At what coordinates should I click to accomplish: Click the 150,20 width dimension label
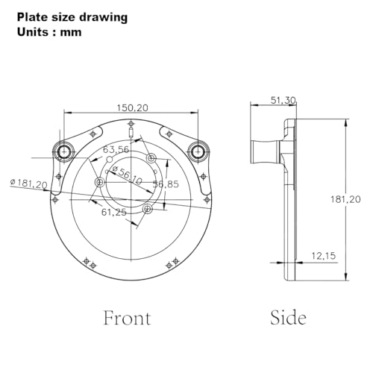tap(133, 108)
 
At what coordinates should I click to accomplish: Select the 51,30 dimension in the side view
tap(283, 101)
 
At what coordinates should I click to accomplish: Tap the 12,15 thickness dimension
tap(324, 256)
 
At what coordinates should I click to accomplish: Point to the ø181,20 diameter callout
tap(28, 184)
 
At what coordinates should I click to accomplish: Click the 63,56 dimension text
tap(116, 150)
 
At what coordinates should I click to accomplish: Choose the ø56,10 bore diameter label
tap(127, 175)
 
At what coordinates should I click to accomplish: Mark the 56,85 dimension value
tap(166, 184)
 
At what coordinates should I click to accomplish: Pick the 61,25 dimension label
tap(114, 212)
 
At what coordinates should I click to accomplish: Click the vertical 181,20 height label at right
tap(345, 199)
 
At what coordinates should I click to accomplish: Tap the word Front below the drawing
tap(127, 318)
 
